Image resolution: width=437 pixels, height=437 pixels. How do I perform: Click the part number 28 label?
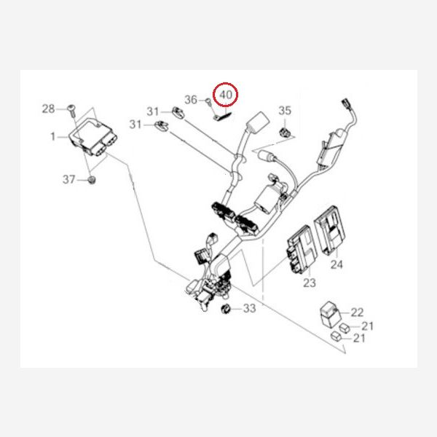pos(48,109)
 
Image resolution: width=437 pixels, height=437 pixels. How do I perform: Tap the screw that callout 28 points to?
pos(71,109)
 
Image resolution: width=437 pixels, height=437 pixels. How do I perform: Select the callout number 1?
pos(52,136)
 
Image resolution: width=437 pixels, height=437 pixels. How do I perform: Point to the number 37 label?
pos(68,179)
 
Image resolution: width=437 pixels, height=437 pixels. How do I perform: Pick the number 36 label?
pos(191,100)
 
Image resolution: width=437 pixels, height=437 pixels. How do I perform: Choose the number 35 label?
pos(285,111)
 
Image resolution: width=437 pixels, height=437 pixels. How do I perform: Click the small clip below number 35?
pos(286,132)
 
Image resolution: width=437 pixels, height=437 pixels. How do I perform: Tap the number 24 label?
pos(336,264)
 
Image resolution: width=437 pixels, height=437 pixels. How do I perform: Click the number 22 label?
pos(356,312)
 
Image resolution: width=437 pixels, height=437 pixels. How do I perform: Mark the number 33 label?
pos(250,309)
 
